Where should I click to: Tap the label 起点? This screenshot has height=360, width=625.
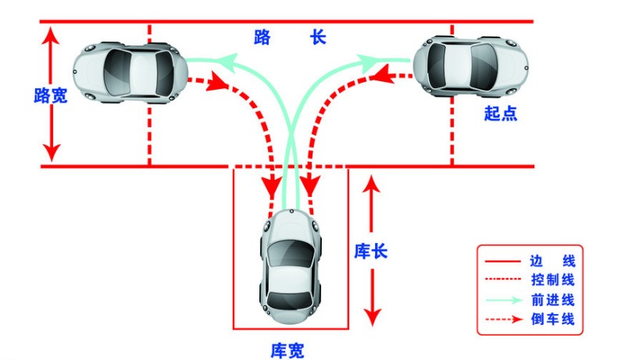pyautogui.click(x=500, y=113)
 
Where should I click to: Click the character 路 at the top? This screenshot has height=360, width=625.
pyautogui.click(x=262, y=37)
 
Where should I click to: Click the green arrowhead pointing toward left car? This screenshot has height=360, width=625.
pyautogui.click(x=227, y=58)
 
